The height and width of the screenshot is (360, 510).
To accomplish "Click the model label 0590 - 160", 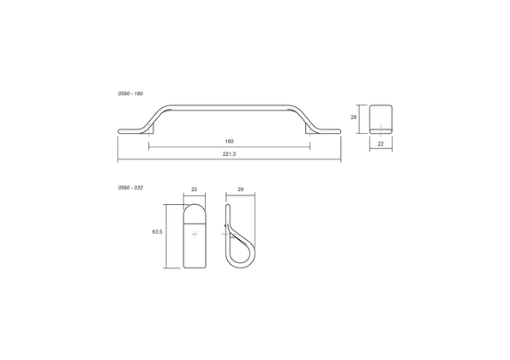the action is [130, 93].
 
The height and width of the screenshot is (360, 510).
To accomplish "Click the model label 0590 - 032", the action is [130, 188].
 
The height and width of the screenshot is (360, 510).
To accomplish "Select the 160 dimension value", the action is [230, 141].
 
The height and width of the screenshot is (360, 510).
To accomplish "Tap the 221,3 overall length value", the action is [230, 153].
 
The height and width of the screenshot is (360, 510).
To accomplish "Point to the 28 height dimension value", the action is [353, 117].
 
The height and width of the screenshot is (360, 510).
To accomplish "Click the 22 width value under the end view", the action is [381, 143].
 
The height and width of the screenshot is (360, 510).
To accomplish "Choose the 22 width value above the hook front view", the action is [195, 189].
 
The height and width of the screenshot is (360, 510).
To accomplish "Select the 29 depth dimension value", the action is [241, 189].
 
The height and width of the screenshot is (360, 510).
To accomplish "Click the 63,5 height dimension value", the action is [157, 232].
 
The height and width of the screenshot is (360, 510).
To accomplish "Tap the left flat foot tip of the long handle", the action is [119, 131].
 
